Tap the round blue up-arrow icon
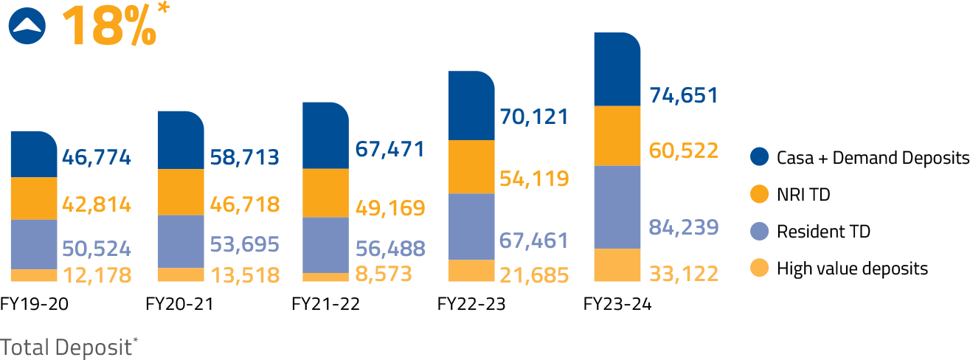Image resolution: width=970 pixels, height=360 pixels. point(27,27)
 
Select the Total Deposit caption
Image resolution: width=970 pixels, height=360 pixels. point(69,347)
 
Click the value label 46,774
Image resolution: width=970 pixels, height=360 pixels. point(96,157)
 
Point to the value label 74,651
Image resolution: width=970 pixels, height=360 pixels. point(683,96)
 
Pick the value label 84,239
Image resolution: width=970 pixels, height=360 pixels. point(683,227)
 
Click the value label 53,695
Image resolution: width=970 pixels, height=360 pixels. point(244,244)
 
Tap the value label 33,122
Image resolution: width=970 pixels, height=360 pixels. point(683,275)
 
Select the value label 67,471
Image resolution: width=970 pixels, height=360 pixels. point(389,149)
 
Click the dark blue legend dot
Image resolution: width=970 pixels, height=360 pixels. point(759,156)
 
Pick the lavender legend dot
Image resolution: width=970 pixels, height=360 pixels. point(759,231)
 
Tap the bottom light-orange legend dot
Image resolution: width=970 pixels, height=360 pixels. point(759,268)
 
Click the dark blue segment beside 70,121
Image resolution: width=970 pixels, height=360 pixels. point(471,106)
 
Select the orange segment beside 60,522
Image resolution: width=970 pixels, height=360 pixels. point(617,136)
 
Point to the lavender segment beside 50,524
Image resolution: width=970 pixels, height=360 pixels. point(33,244)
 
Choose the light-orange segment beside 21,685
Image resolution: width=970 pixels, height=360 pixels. point(471,271)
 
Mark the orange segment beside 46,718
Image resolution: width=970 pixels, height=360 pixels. point(181,192)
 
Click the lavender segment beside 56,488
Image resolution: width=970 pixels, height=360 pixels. point(325,245)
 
